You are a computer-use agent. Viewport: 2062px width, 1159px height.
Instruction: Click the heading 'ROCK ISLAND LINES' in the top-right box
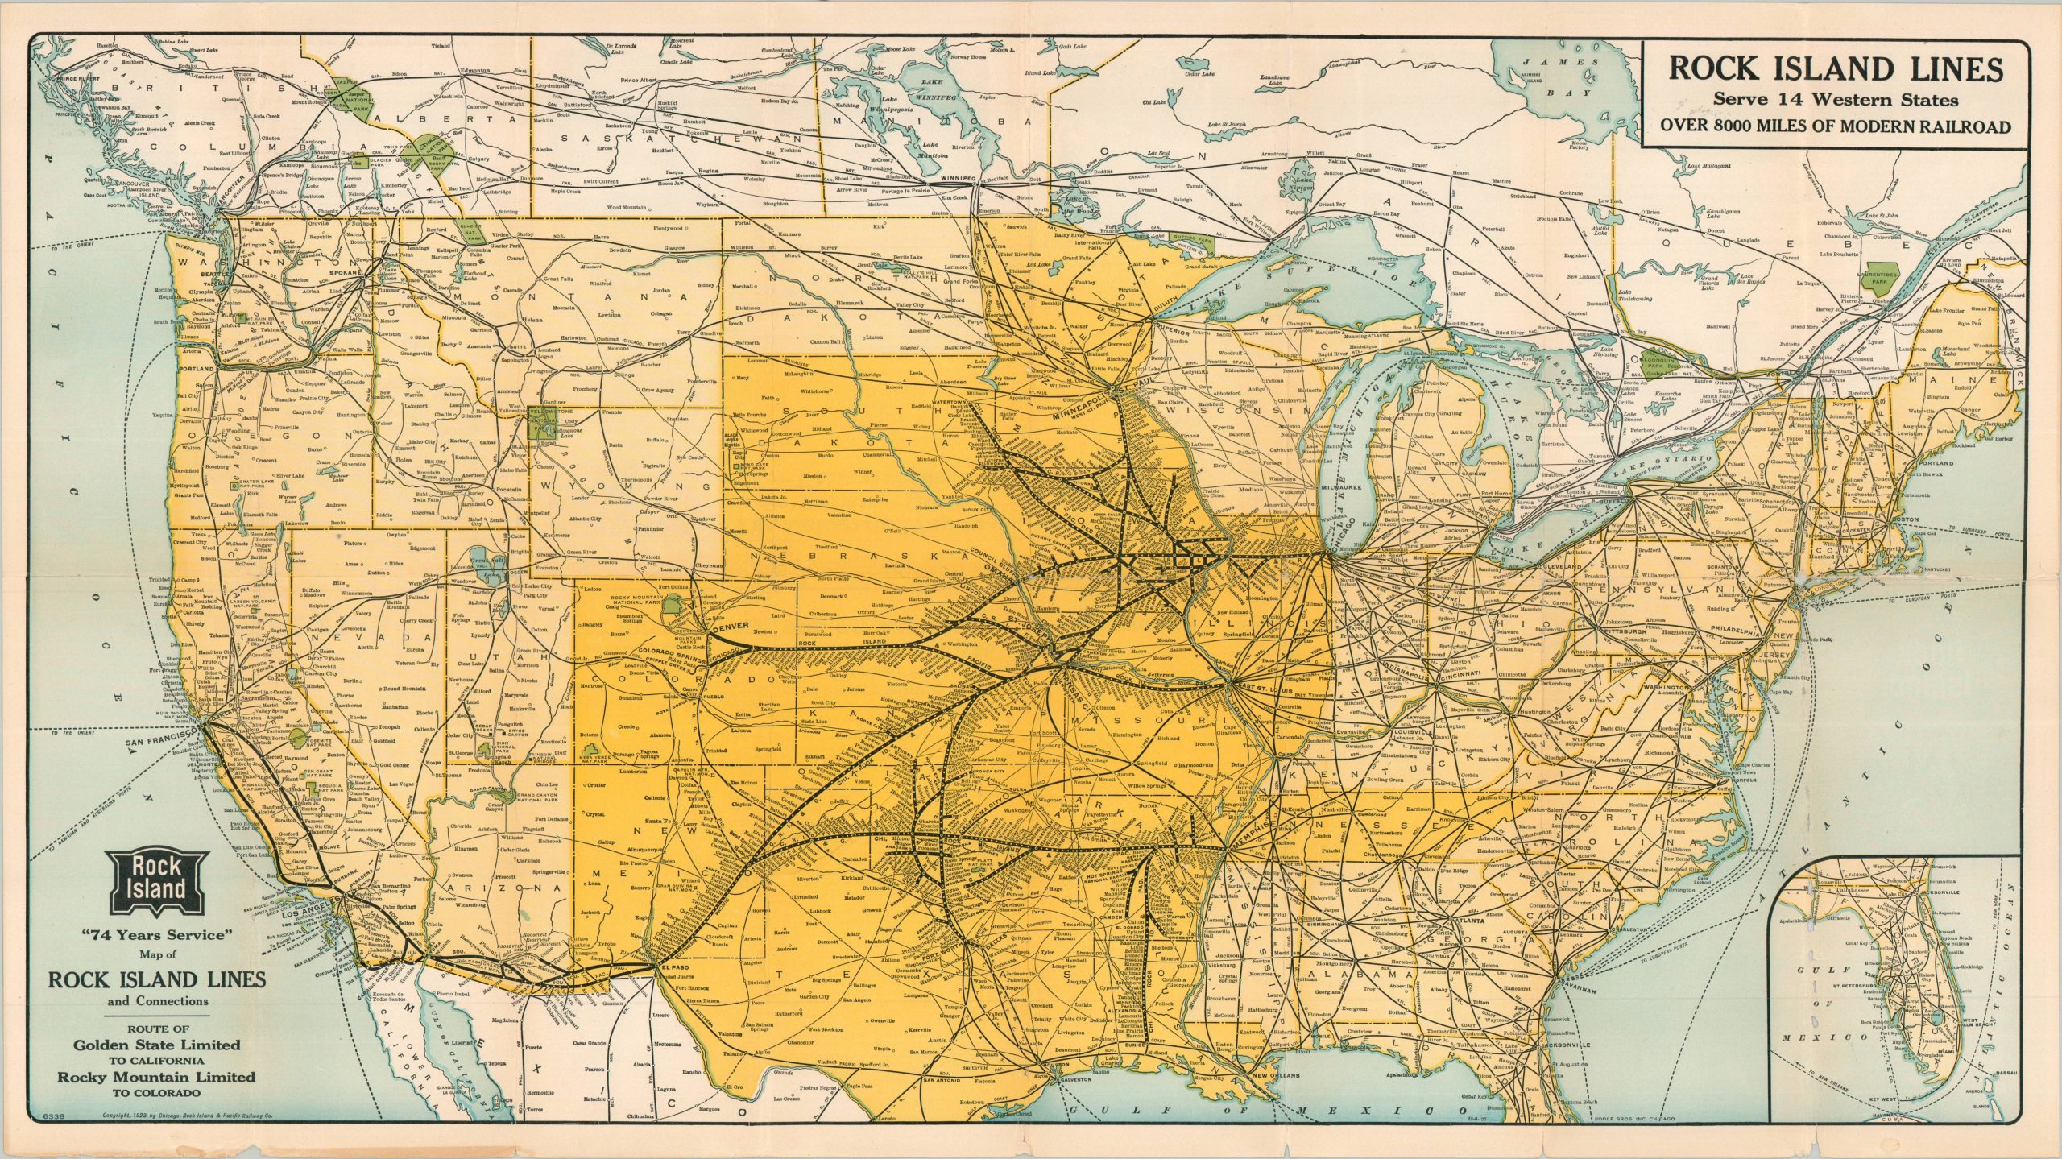[x=1835, y=69]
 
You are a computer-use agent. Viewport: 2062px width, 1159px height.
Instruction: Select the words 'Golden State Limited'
[x=157, y=1044]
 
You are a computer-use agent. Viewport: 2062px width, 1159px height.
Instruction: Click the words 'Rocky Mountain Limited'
[x=156, y=1077]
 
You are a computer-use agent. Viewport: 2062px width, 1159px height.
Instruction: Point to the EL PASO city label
[x=673, y=967]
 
